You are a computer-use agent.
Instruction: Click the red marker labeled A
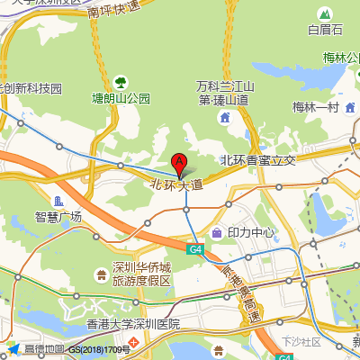tap(179, 165)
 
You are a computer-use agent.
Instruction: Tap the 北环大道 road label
tap(176, 184)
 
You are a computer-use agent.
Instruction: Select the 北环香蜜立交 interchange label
tap(258, 159)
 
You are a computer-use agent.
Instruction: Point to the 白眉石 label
tap(325, 30)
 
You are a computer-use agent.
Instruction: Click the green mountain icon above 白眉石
tap(325, 13)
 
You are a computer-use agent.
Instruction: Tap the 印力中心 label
tap(251, 232)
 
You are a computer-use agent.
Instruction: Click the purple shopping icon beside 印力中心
tap(217, 232)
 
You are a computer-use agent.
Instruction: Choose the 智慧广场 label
tap(58, 217)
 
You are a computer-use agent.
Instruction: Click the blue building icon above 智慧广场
tap(58, 200)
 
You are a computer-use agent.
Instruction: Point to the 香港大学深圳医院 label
tap(132, 324)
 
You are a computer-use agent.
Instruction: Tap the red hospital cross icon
tap(133, 342)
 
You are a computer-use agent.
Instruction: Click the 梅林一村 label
tap(314, 107)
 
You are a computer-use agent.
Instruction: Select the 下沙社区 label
tap(301, 342)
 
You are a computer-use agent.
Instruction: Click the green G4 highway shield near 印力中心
tap(195, 248)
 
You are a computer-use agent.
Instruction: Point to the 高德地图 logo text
tap(43, 349)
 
